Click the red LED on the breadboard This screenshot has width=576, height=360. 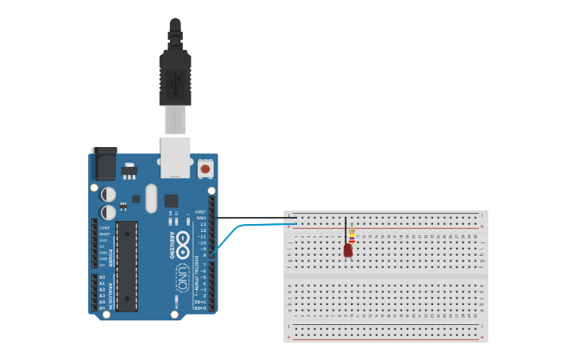point(347,250)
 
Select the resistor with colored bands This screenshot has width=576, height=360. point(352,236)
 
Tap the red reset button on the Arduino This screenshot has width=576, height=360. point(205,168)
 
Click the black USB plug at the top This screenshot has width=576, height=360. point(175,75)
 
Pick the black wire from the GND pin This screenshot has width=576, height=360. point(254,218)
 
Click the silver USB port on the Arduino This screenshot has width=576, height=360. point(175,157)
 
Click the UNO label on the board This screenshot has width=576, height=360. point(182,278)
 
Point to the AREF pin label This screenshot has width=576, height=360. point(200,211)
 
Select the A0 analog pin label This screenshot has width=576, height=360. point(102,277)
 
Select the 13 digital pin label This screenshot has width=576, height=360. point(202,224)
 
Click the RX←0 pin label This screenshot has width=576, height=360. point(200,308)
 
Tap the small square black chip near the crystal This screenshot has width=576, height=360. point(171,200)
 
